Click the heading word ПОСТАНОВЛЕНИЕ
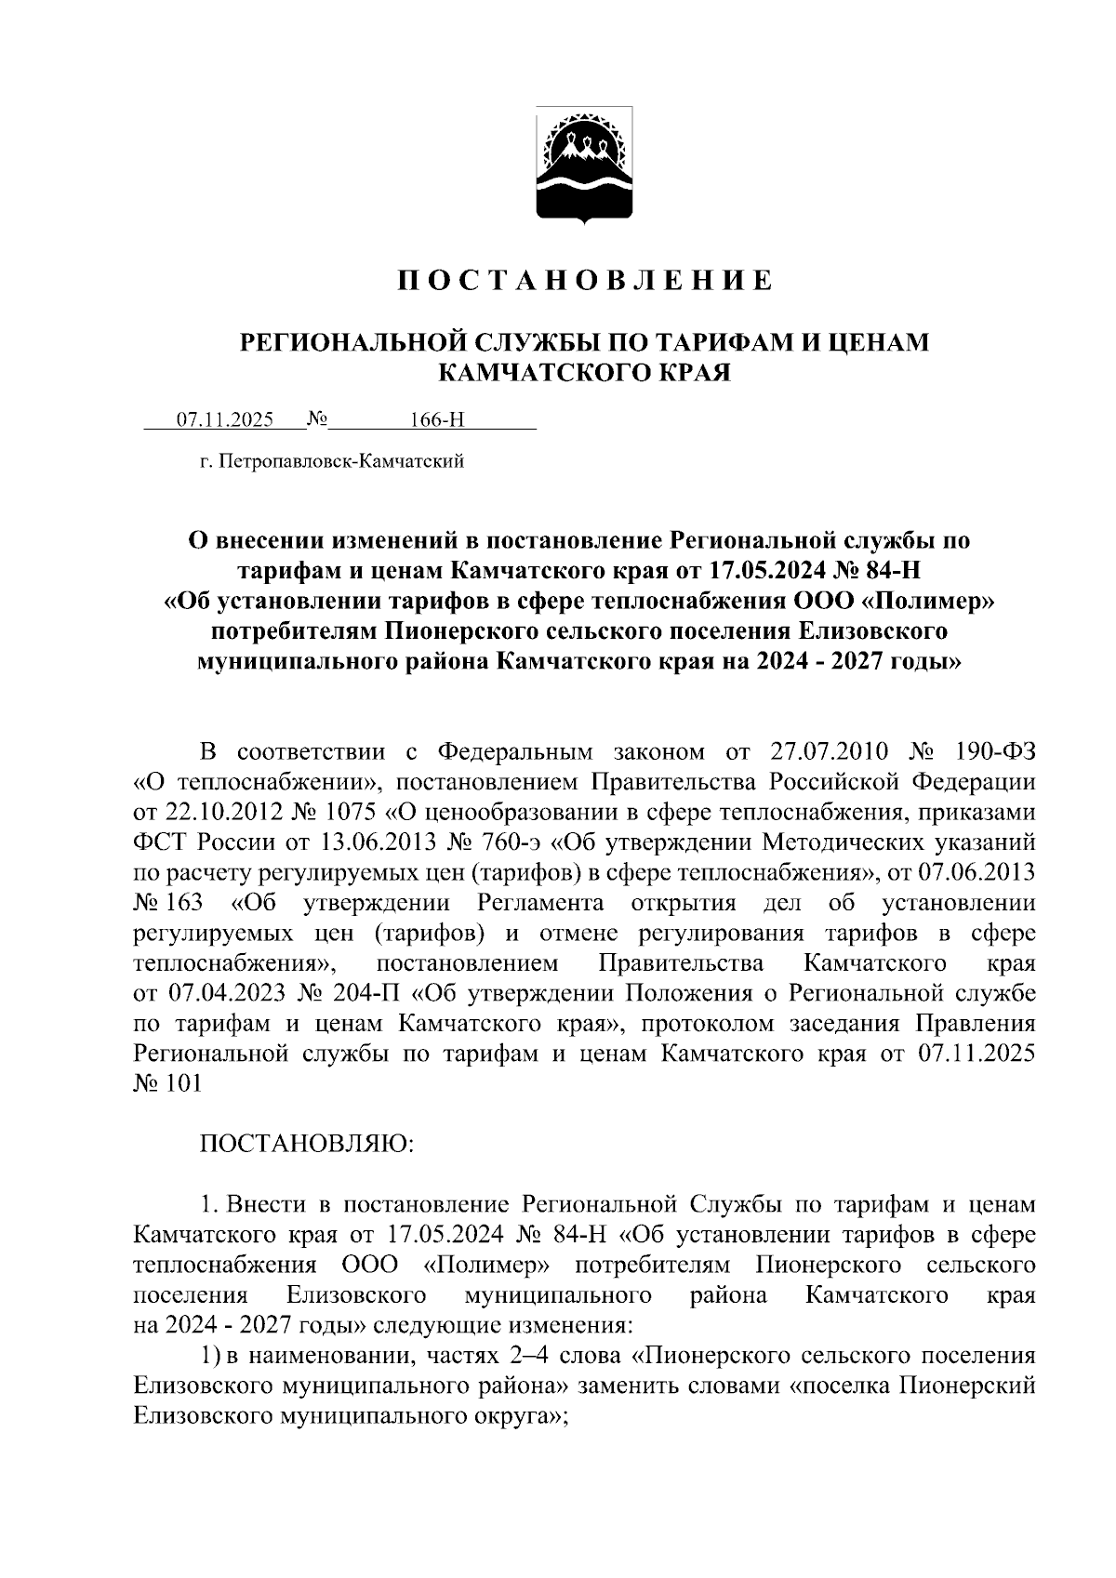click(x=585, y=280)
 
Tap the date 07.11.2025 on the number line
click(x=225, y=419)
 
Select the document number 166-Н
click(x=437, y=419)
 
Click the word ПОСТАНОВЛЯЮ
click(x=307, y=1143)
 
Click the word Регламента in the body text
click(x=540, y=903)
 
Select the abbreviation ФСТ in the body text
click(x=159, y=842)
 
